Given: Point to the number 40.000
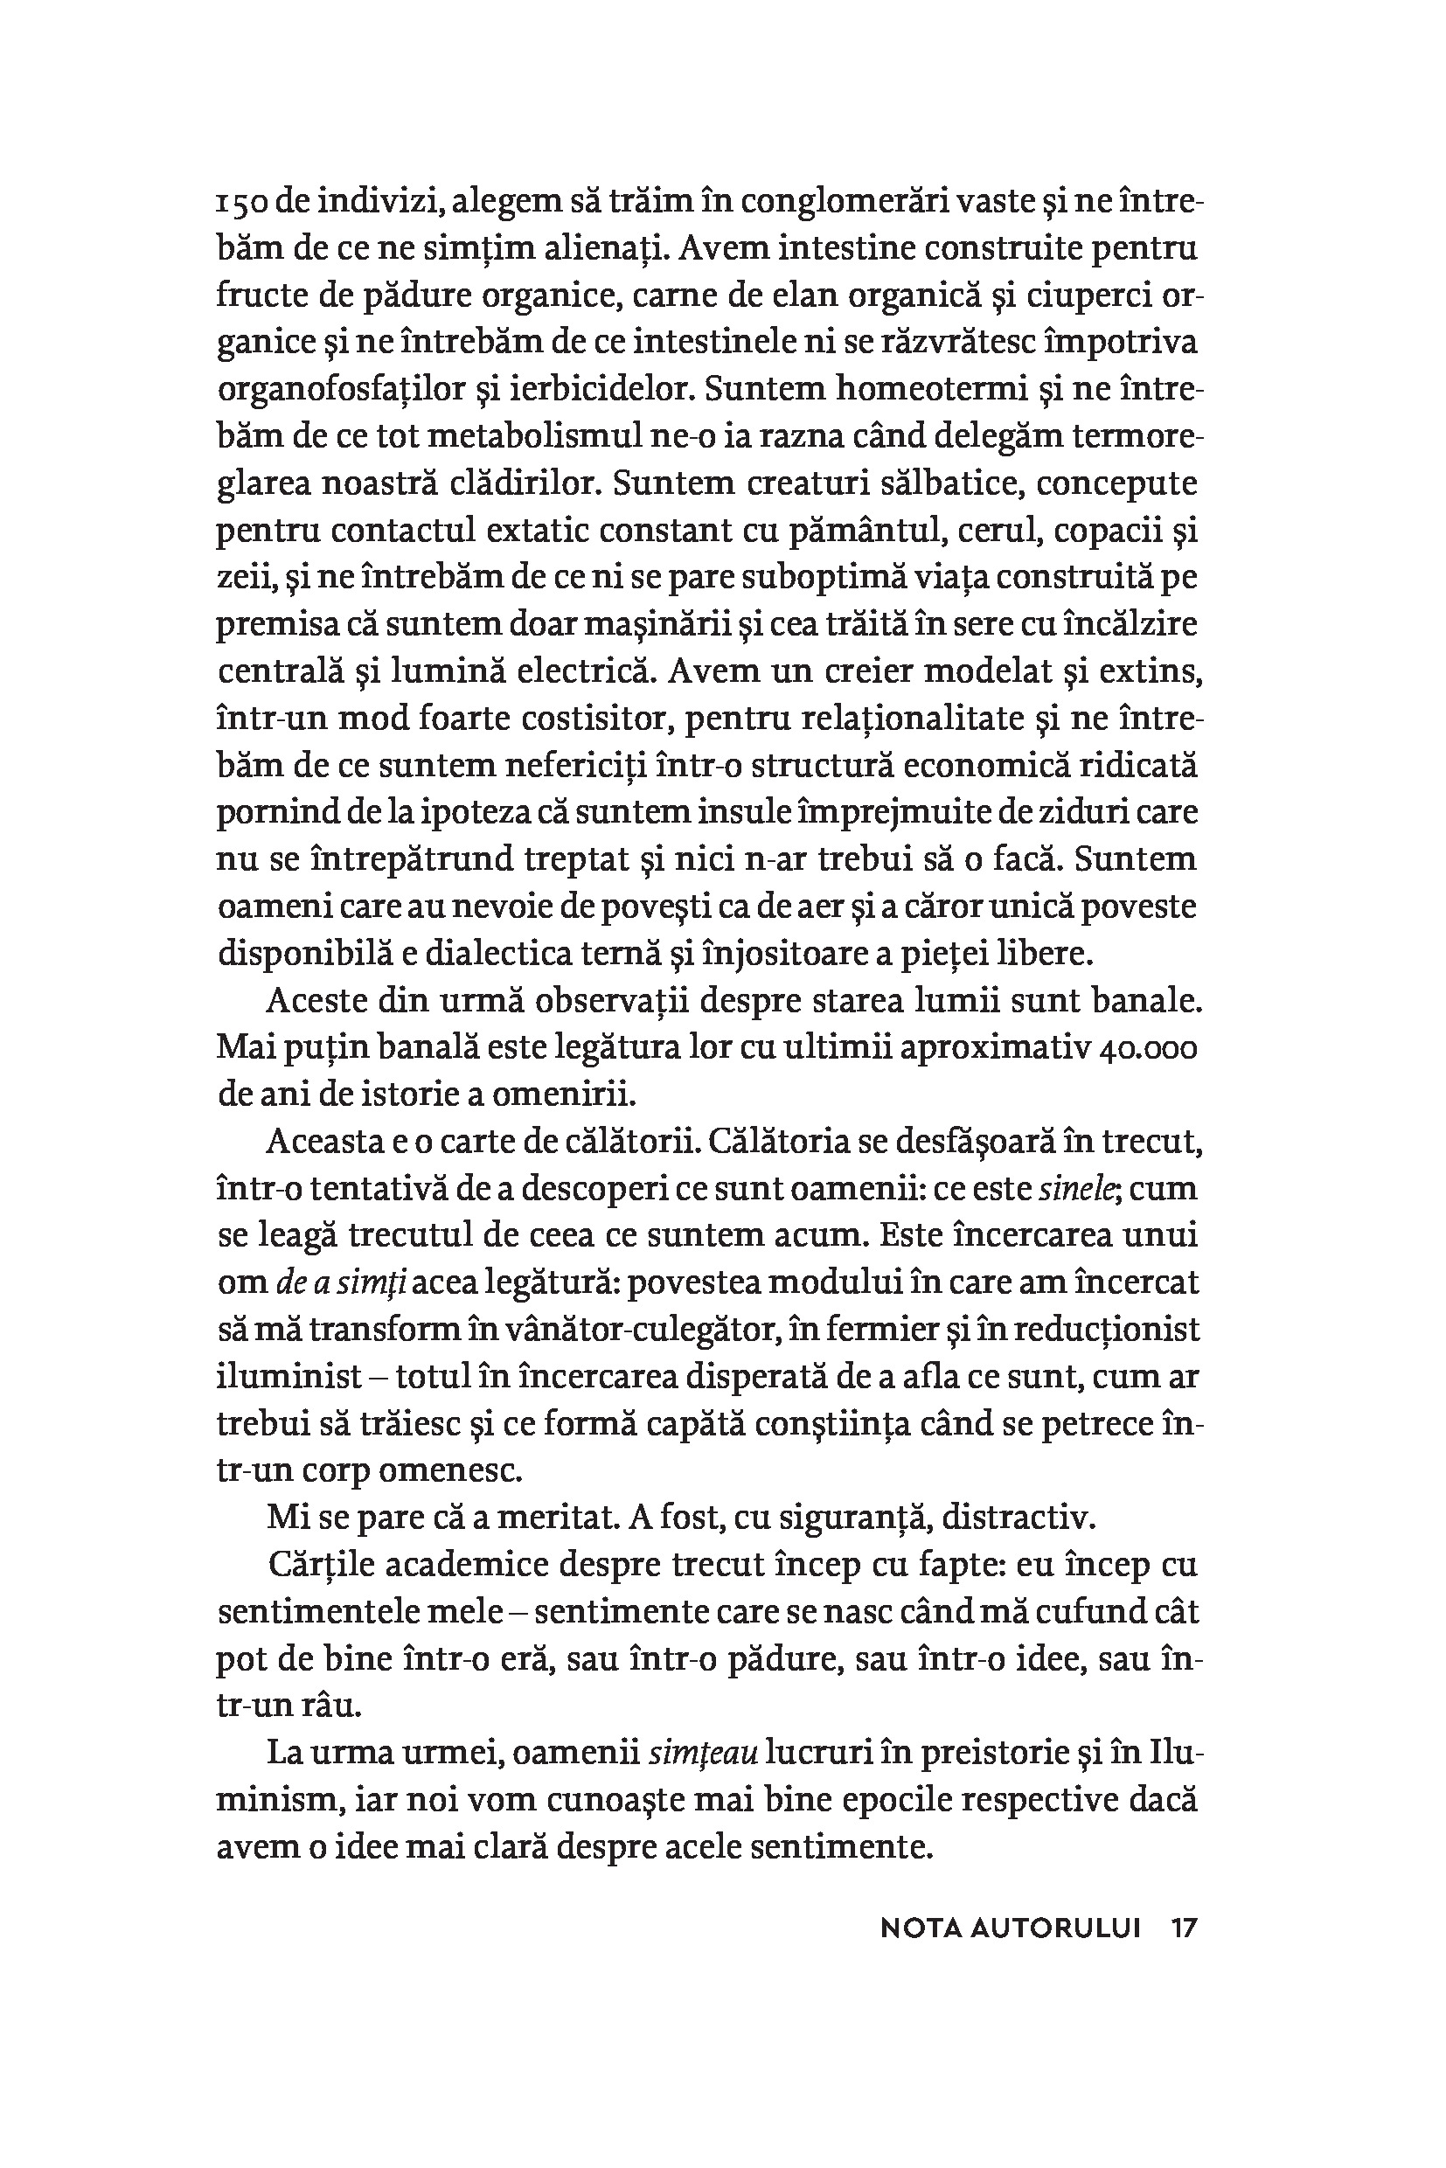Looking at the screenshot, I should pos(1148,1048).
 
